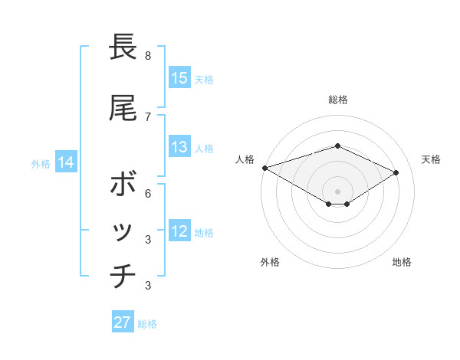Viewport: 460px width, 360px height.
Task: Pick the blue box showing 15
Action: [179, 78]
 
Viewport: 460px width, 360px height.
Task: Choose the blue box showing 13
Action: [179, 147]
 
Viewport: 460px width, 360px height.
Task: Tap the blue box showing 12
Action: [179, 231]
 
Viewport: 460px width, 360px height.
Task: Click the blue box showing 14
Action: [66, 162]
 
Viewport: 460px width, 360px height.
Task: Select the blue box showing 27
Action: [123, 322]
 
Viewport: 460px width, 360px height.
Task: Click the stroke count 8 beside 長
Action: [148, 56]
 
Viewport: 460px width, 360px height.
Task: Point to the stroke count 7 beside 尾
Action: [148, 116]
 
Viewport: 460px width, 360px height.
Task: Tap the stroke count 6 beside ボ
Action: [148, 193]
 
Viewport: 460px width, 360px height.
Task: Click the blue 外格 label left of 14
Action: [41, 163]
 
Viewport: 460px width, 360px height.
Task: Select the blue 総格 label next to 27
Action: [147, 323]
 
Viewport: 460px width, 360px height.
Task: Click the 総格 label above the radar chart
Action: [338, 100]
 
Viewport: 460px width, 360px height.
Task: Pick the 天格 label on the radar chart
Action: [431, 159]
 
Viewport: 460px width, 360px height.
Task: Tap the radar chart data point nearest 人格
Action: [264, 167]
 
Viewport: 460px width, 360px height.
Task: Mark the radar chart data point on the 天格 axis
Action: [396, 172]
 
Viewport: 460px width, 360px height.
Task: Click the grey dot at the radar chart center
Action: [337, 191]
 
